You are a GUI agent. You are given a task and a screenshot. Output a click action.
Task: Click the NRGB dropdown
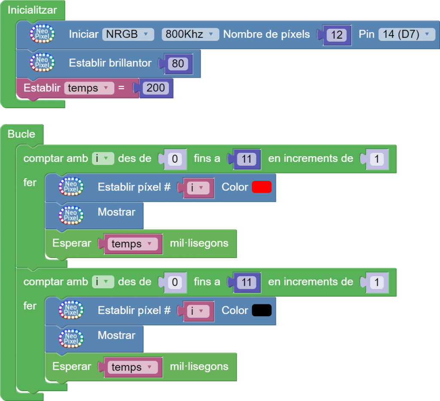[128, 34]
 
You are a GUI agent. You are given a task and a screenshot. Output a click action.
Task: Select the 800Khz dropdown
[190, 34]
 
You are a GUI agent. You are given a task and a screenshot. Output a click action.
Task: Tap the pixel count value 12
[336, 35]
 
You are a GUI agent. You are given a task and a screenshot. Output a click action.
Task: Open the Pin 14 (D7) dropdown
[406, 34]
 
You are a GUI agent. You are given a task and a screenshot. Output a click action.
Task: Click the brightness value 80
[177, 64]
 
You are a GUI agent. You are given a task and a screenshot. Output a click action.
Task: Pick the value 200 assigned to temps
[156, 88]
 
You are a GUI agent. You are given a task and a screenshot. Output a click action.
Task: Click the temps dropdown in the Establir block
[89, 88]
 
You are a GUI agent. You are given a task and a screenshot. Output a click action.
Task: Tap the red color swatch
[262, 187]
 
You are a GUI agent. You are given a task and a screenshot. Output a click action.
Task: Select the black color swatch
[262, 310]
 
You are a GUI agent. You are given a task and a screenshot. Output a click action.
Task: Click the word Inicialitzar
[32, 10]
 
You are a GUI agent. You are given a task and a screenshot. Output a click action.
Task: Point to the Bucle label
[21, 134]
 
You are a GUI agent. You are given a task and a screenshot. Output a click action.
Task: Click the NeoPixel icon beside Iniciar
[42, 34]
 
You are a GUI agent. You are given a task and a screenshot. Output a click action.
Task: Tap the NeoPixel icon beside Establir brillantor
[42, 63]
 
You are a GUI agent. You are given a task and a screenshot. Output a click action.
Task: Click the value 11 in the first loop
[246, 159]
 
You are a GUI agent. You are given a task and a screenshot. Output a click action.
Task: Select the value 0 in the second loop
[174, 283]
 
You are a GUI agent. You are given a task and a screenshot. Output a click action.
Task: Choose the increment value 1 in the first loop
[376, 159]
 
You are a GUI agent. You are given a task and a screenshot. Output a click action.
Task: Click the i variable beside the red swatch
[198, 188]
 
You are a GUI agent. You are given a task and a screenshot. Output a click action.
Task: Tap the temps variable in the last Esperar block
[132, 367]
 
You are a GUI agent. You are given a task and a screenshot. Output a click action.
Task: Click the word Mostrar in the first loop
[116, 212]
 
